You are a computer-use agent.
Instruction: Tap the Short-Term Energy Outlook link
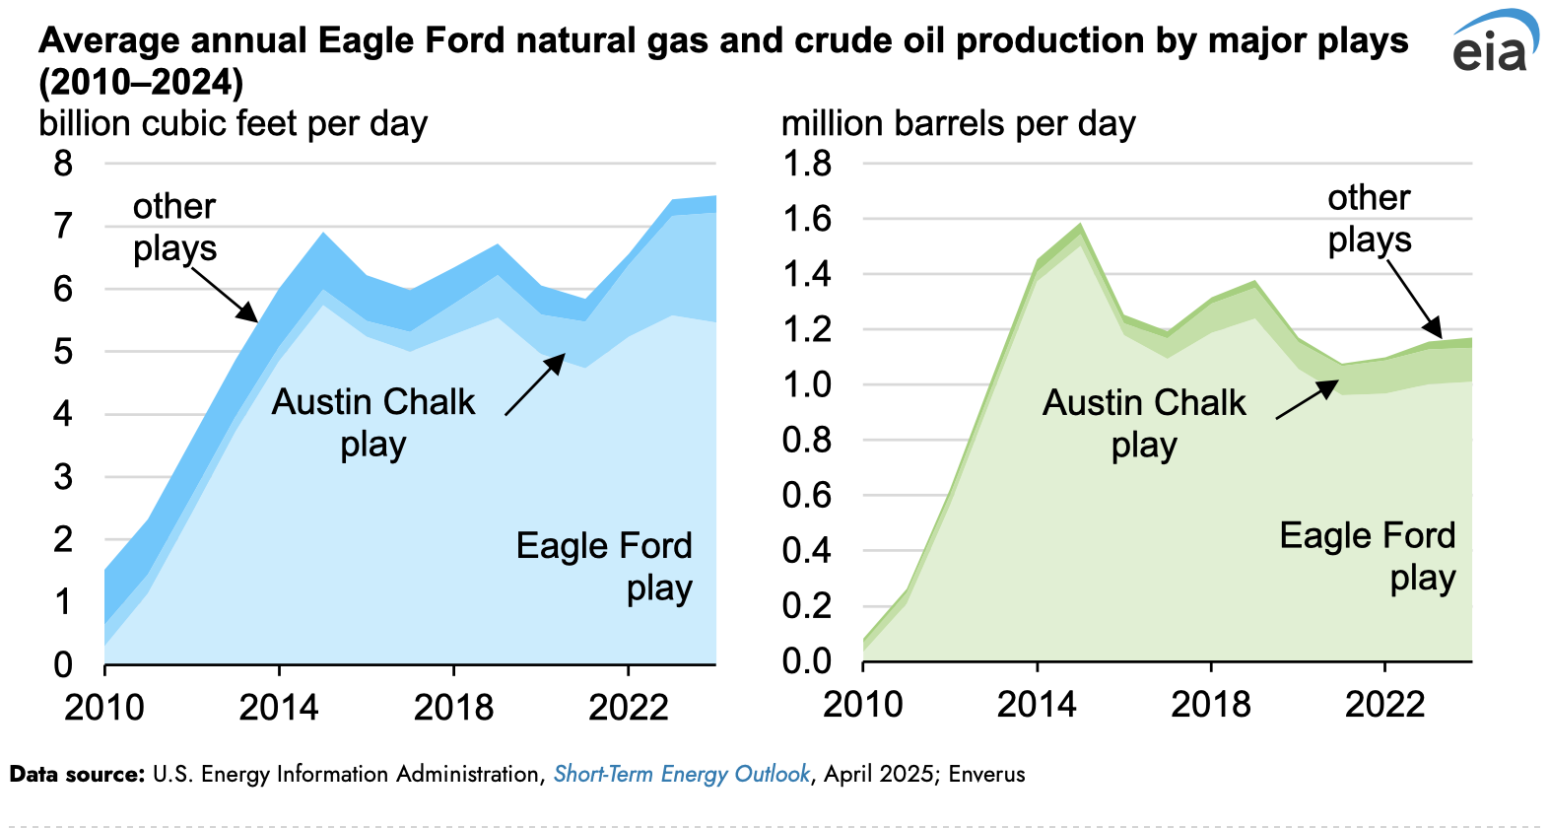(x=681, y=775)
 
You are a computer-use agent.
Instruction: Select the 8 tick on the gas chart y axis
(x=63, y=163)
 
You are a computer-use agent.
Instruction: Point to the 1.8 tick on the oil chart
(x=806, y=163)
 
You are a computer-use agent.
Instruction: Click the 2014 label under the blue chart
(x=279, y=707)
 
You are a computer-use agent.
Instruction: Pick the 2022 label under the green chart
(x=1384, y=704)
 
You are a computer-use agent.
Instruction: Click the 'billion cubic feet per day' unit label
(x=233, y=124)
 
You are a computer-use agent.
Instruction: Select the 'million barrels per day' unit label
(x=958, y=124)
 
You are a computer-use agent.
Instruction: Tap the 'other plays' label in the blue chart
(x=174, y=227)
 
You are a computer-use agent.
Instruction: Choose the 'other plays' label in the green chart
(x=1369, y=218)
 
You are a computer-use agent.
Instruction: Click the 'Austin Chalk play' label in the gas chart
(x=373, y=422)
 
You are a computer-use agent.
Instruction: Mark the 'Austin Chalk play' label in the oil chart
(x=1144, y=423)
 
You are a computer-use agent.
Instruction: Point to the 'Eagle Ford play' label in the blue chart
(x=604, y=566)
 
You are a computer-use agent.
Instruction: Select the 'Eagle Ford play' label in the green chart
(x=1367, y=556)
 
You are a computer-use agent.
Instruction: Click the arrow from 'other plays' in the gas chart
(x=225, y=294)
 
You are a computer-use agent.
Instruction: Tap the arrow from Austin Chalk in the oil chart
(x=1308, y=400)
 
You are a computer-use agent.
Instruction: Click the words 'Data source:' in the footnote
(x=77, y=775)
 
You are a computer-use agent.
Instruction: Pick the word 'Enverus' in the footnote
(x=986, y=775)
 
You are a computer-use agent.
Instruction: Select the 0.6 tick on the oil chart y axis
(x=806, y=495)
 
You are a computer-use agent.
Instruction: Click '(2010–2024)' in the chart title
(x=141, y=82)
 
